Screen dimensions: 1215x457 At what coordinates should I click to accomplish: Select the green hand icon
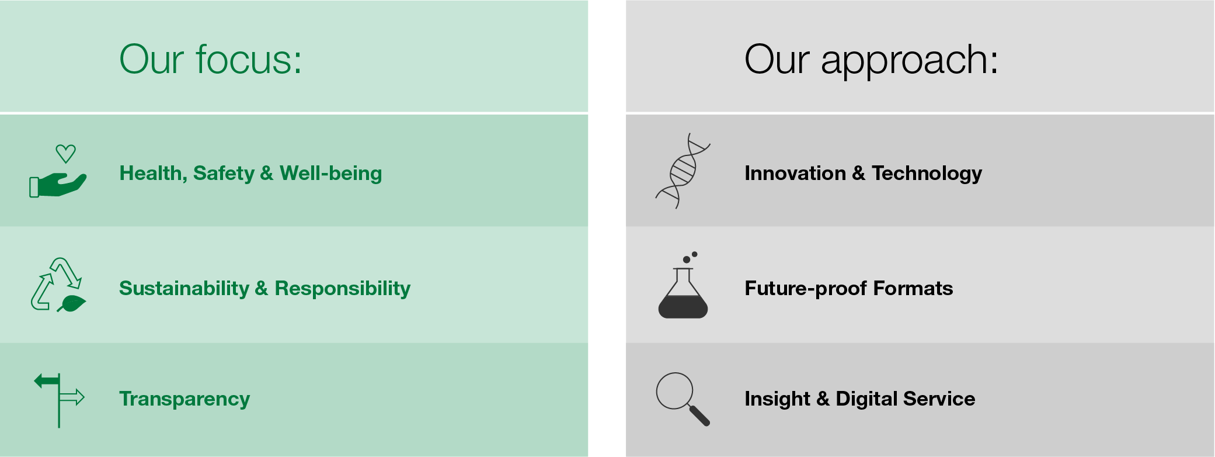click(x=58, y=185)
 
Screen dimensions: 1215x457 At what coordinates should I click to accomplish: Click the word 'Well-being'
click(x=330, y=174)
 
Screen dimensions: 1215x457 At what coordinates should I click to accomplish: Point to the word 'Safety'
click(x=224, y=174)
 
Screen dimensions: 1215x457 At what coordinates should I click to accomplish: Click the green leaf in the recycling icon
click(x=72, y=304)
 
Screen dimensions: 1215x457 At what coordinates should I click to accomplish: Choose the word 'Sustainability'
click(x=184, y=288)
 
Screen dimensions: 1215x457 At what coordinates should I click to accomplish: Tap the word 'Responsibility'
click(x=343, y=288)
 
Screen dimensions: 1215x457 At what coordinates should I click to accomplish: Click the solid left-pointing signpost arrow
click(x=47, y=382)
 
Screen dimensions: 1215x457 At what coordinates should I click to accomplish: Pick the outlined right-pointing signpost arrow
click(x=72, y=398)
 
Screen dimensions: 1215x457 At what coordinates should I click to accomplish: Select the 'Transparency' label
click(x=184, y=399)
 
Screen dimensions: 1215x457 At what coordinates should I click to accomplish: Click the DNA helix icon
click(x=683, y=171)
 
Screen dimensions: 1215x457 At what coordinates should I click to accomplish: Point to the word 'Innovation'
click(x=795, y=173)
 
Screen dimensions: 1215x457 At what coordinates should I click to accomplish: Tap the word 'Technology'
click(x=927, y=174)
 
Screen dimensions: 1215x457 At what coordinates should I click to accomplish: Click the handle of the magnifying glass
click(x=699, y=415)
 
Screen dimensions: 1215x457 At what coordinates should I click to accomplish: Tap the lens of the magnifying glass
click(x=674, y=391)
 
